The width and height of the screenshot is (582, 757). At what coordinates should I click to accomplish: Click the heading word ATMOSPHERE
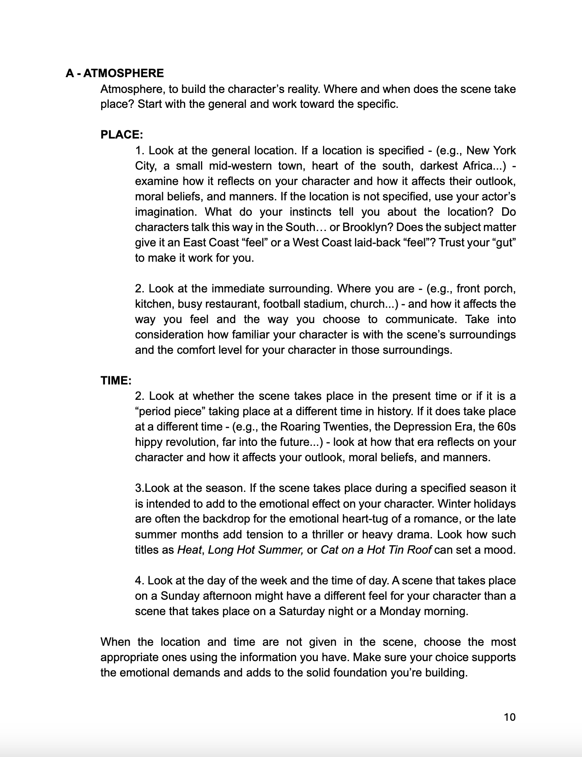pos(123,73)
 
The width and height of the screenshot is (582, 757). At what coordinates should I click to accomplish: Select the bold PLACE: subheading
pos(122,135)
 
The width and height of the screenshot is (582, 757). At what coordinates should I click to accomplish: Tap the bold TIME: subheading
pos(116,381)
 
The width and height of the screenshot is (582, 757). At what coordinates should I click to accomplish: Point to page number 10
pos(509,717)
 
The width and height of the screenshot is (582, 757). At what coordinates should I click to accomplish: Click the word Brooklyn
pos(367,227)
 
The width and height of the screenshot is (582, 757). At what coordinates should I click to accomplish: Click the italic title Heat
pos(189,550)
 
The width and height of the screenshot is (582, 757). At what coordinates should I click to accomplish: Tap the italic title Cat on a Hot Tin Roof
pos(376,550)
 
